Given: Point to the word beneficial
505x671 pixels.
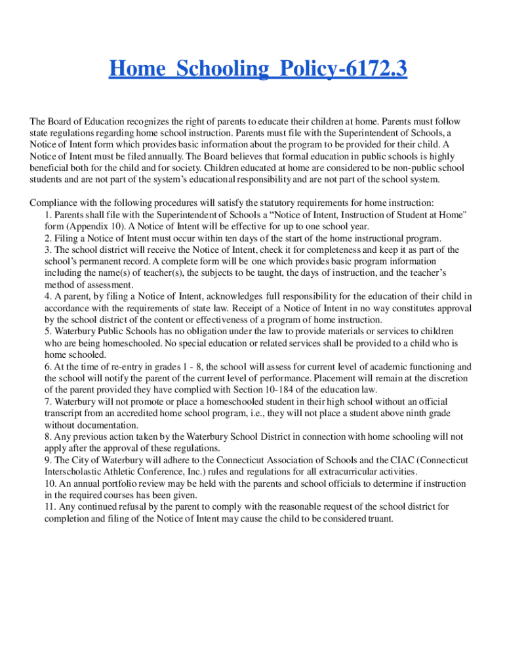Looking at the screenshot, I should point(51,168).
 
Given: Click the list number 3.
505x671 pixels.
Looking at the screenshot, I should point(47,250).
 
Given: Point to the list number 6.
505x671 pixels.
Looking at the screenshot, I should point(47,367).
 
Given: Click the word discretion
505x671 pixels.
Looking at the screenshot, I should point(437,378).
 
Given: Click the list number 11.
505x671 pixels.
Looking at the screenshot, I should point(49,507).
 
